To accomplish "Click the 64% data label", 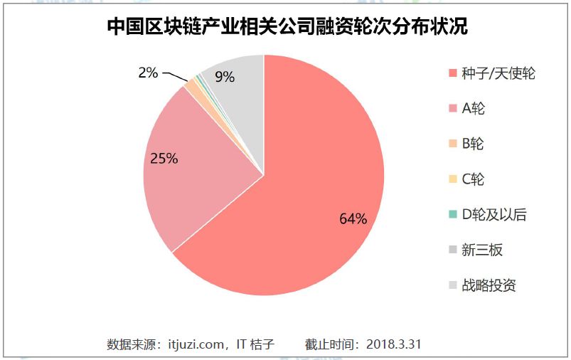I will pyautogui.click(x=353, y=218).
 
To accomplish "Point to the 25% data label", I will pyautogui.click(x=164, y=158).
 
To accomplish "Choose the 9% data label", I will pyautogui.click(x=225, y=77).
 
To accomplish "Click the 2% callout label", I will pyautogui.click(x=148, y=72).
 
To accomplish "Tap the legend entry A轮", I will pyautogui.click(x=473, y=109).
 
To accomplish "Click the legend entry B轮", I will pyautogui.click(x=473, y=144).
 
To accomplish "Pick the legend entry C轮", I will pyautogui.click(x=473, y=179).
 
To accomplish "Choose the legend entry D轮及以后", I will pyautogui.click(x=494, y=214).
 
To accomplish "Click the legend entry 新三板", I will pyautogui.click(x=482, y=250).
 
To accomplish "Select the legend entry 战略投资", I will pyautogui.click(x=489, y=285).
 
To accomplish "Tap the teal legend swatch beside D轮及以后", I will pyautogui.click(x=452, y=215).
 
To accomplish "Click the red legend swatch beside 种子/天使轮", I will pyautogui.click(x=452, y=74).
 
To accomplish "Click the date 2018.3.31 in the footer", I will pyautogui.click(x=394, y=344).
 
